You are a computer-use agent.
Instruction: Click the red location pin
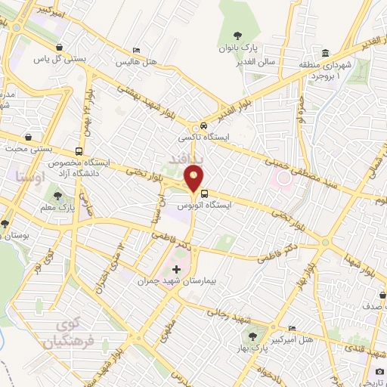tap(195, 179)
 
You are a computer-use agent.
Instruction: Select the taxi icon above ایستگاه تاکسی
tap(204, 127)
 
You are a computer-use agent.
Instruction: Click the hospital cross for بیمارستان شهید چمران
tap(177, 269)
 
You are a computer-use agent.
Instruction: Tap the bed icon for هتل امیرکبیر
tap(293, 328)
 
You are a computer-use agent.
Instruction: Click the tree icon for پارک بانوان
tap(238, 35)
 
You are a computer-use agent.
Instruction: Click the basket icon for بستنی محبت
tap(29, 138)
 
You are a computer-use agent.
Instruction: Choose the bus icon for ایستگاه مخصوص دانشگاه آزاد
tap(79, 150)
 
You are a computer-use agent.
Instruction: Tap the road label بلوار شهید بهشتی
tap(151, 98)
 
